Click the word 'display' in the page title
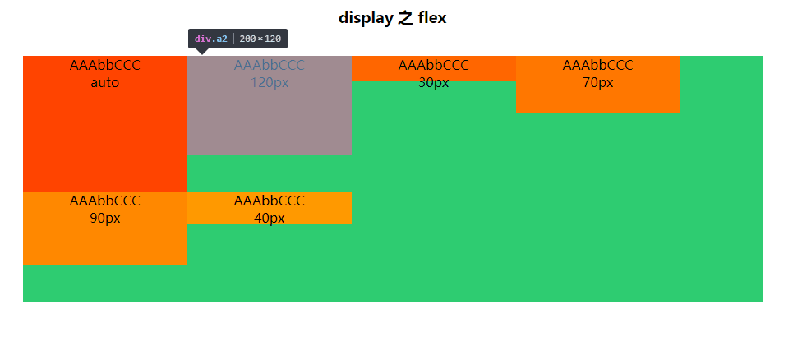[x=366, y=18]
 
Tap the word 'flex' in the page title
[x=432, y=18]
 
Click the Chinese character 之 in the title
[x=406, y=18]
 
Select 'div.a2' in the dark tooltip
[x=211, y=39]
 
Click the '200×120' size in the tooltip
[x=260, y=39]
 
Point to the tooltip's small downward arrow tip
[x=202, y=54]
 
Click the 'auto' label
[x=105, y=82]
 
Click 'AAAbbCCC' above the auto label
[x=105, y=65]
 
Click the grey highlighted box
[x=270, y=105]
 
